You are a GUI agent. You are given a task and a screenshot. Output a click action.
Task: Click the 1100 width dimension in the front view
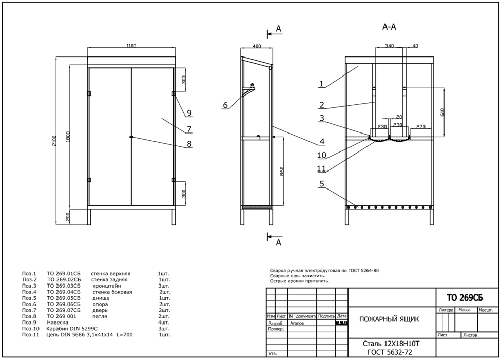click(x=131, y=46)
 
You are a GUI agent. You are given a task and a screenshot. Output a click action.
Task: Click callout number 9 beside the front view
click(x=189, y=113)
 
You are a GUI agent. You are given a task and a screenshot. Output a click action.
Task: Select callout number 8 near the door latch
click(x=189, y=144)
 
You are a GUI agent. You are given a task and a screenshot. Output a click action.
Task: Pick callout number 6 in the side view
click(x=225, y=105)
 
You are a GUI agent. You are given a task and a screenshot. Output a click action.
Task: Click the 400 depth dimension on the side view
click(x=257, y=46)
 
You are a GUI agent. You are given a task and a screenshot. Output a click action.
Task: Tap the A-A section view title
click(x=389, y=27)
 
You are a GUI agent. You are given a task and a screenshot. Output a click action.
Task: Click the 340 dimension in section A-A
click(x=389, y=46)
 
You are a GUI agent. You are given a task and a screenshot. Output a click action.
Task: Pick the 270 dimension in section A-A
click(x=421, y=125)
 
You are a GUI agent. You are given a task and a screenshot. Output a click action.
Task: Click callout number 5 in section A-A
click(x=321, y=183)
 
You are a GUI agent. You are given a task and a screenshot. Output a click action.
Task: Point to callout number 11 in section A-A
click(x=321, y=168)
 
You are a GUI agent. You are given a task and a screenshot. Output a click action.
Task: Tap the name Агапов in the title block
click(x=298, y=324)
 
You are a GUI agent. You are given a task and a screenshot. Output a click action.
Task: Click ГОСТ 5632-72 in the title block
click(x=390, y=352)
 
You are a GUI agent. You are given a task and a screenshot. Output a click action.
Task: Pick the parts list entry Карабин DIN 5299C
click(x=72, y=328)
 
